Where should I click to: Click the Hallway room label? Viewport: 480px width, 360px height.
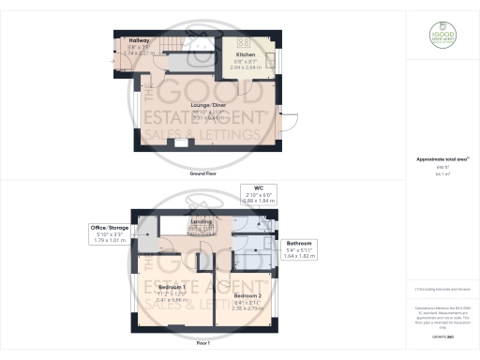tap(138, 41)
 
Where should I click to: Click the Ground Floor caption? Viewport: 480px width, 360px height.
tap(204, 174)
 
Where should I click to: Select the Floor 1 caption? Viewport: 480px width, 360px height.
tap(204, 343)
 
